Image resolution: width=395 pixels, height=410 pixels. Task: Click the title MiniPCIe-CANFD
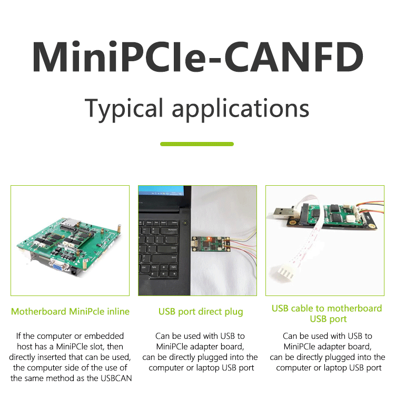coord(197,57)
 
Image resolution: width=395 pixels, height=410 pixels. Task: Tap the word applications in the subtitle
coord(240,108)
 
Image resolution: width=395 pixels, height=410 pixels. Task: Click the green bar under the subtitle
coord(197,144)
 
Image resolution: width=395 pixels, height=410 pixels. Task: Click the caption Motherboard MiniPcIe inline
coord(70,311)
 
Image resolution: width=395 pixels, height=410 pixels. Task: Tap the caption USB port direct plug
coord(201,312)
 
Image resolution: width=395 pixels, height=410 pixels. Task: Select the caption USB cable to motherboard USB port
coord(327,313)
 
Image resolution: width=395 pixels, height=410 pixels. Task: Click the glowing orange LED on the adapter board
coord(209,238)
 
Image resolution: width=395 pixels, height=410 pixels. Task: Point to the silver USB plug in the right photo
coord(283,212)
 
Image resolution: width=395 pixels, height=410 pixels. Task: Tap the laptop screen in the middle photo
coord(161,191)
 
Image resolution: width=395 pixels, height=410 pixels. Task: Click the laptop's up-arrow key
coord(164,268)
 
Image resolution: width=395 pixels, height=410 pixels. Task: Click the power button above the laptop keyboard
coord(185,223)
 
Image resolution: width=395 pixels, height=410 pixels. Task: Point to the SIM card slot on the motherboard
coord(70,222)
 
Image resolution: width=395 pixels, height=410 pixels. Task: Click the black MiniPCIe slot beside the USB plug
coord(305,214)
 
